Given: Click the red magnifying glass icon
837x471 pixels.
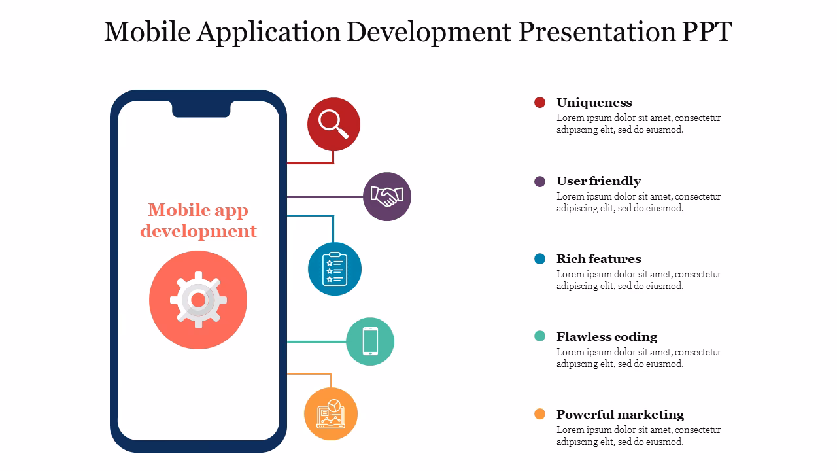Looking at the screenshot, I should [333, 124].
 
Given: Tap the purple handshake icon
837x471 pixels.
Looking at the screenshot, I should [387, 196].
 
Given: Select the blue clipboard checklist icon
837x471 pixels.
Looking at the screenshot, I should [335, 269].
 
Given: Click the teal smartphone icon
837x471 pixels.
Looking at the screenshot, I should [370, 341].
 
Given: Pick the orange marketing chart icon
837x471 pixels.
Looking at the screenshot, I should [331, 414].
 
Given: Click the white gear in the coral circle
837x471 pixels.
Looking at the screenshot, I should [198, 300].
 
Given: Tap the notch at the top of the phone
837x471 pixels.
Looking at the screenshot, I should [201, 109].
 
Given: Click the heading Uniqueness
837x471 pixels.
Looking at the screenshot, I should [594, 103].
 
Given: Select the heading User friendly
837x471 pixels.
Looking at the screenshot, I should [598, 181].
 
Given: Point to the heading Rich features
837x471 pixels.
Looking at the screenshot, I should [598, 259].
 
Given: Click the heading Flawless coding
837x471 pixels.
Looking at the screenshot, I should [606, 337].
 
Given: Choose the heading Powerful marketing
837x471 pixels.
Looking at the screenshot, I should [620, 415].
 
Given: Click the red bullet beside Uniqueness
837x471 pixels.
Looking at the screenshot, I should [539, 102].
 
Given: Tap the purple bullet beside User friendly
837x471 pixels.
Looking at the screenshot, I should [539, 181].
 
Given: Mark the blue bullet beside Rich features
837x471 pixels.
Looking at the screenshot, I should [539, 259].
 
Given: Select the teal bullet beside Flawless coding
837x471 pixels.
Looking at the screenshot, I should [539, 336].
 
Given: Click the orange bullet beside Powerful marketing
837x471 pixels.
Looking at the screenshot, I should [539, 414].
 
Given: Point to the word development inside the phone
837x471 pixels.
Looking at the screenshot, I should [198, 231].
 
